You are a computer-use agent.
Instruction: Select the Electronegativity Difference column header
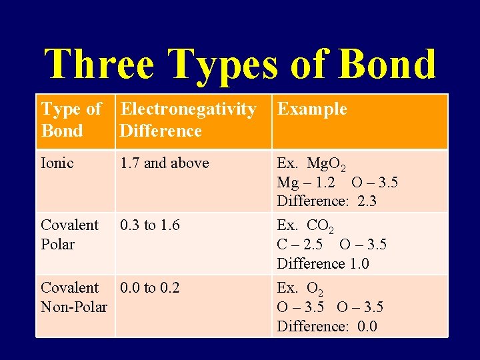(188, 120)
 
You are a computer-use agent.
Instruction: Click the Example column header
(312, 109)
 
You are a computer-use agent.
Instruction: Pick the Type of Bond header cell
(71, 120)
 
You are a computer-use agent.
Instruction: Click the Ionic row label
(58, 163)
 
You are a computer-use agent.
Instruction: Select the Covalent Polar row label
(69, 235)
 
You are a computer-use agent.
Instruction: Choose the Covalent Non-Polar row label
(73, 297)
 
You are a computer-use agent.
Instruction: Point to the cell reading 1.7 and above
(164, 163)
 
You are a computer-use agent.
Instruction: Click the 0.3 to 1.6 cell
(149, 225)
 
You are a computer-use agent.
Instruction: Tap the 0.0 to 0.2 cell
(149, 288)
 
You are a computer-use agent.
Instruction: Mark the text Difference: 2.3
(327, 201)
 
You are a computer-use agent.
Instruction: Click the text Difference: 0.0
(327, 326)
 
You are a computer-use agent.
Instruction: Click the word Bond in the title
(387, 64)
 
